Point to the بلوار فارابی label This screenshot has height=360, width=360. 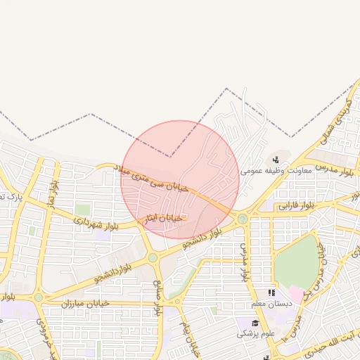coord(297,206)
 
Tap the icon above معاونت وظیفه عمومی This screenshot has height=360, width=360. coord(276,158)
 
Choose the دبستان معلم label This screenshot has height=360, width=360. coord(269,304)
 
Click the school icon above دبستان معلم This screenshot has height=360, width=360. coord(271,292)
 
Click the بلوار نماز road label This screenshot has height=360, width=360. coord(52,194)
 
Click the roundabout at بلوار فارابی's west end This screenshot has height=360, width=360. coord(243,218)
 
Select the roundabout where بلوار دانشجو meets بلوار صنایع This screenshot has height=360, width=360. coord(152,258)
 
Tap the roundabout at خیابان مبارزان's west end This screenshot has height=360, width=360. coord(39,297)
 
